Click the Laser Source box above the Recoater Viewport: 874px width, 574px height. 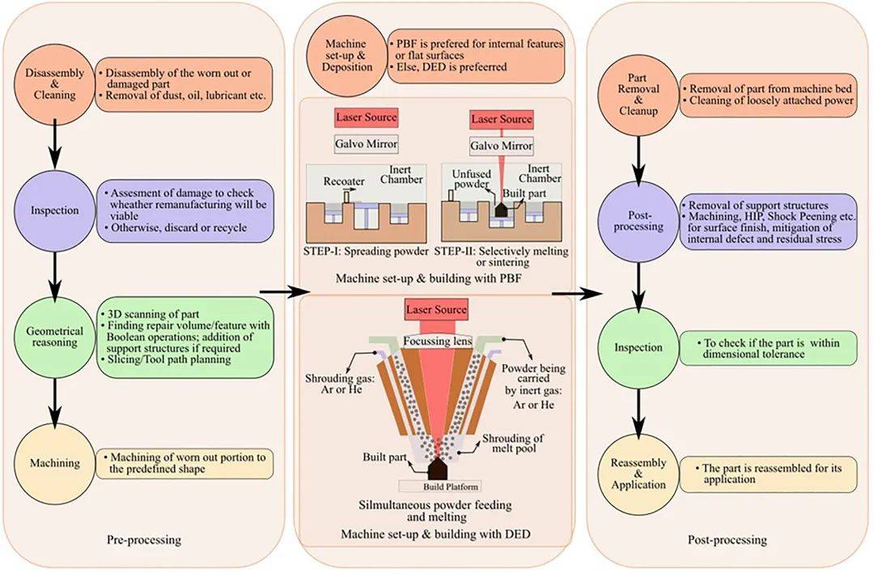click(366, 117)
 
